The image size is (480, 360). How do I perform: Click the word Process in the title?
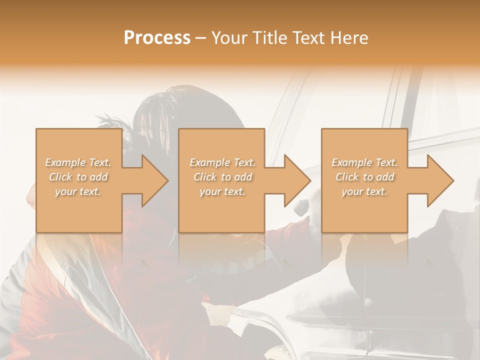[x=157, y=38]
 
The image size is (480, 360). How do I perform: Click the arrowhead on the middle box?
[x=297, y=180]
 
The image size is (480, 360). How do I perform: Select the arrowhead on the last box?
[x=440, y=180]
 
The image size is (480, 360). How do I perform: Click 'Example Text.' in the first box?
[x=78, y=162]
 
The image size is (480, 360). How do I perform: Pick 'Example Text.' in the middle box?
[x=222, y=162]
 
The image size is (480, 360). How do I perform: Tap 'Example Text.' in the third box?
[x=364, y=162]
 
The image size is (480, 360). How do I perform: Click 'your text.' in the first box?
[x=78, y=191]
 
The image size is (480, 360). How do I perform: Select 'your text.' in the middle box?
[x=222, y=191]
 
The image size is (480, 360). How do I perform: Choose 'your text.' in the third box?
[x=364, y=191]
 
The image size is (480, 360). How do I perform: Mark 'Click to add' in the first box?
[x=78, y=177]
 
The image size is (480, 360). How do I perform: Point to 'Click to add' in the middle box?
[x=222, y=177]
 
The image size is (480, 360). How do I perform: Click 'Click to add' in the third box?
[x=365, y=177]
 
